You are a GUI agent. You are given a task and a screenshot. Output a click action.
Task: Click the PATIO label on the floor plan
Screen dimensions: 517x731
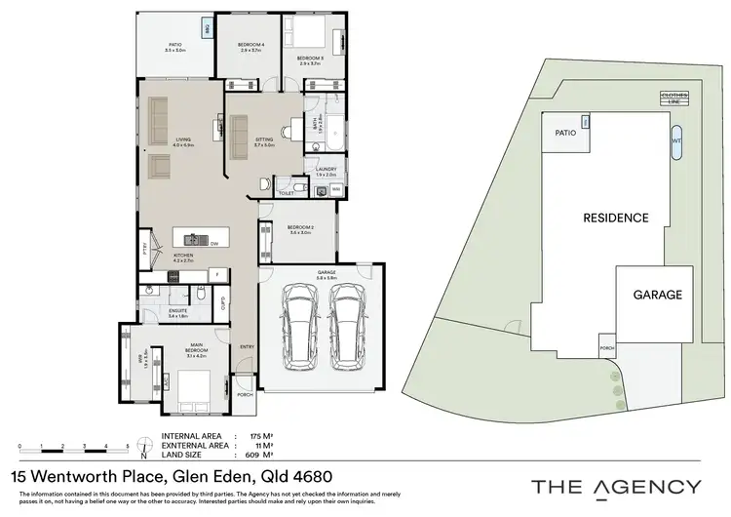[175, 45]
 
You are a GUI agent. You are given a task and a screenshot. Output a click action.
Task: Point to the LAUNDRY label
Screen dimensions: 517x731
[326, 169]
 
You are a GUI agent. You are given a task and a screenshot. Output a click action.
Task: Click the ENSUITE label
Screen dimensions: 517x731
[177, 312]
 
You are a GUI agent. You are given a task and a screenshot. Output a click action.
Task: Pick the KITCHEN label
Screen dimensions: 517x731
[183, 258]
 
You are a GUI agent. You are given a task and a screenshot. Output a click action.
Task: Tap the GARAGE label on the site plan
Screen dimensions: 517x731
[657, 295]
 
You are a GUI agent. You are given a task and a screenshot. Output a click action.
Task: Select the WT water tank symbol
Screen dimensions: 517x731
[676, 139]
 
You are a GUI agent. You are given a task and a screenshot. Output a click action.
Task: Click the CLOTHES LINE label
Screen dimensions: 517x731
[675, 98]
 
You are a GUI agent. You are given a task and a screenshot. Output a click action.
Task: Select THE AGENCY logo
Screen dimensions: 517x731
[615, 486]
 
